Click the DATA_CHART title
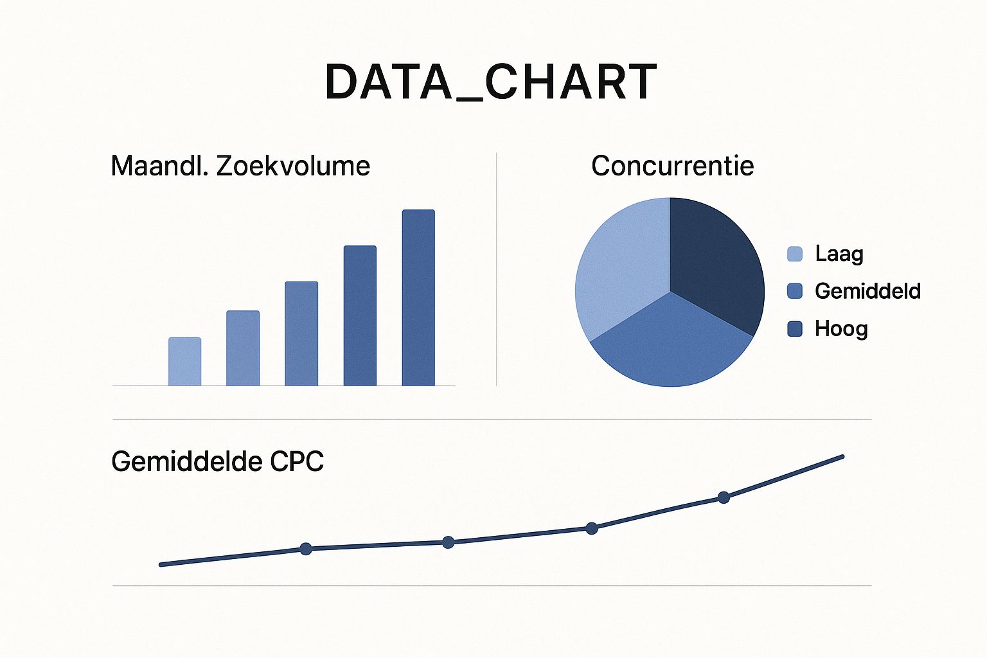(x=491, y=83)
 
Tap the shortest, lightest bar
(x=185, y=361)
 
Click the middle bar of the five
(x=301, y=333)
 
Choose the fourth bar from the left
(x=360, y=316)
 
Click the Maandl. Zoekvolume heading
(x=240, y=166)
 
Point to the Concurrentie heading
(x=672, y=166)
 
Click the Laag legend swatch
(x=795, y=254)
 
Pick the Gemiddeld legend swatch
(x=795, y=291)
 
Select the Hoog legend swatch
(x=795, y=329)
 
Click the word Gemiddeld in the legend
(x=867, y=291)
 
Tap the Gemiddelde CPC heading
(x=217, y=461)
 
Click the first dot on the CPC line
(x=306, y=549)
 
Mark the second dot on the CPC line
(x=449, y=542)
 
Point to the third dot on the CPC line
(x=592, y=528)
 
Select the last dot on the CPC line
(x=724, y=497)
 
